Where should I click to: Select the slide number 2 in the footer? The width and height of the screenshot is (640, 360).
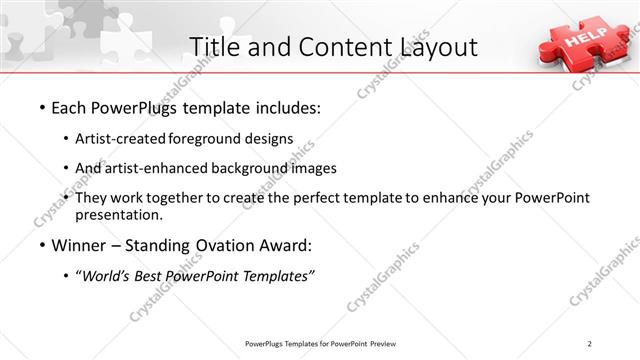point(590,344)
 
